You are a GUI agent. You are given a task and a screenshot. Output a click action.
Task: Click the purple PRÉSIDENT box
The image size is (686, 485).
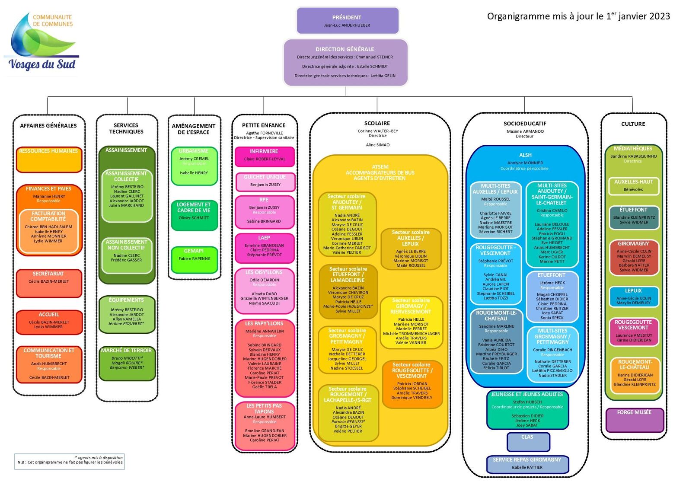tap(347, 21)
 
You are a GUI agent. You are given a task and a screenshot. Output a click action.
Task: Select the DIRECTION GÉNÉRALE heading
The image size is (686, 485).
tap(345, 49)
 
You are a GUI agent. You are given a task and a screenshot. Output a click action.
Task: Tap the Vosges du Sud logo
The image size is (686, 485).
tap(42, 43)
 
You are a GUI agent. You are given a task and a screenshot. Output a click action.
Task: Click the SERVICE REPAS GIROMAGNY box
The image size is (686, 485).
tap(527, 464)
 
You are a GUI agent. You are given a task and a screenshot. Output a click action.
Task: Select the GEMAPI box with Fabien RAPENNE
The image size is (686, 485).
tap(194, 259)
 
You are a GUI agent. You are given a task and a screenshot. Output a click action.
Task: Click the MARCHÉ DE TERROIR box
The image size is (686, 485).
tap(127, 363)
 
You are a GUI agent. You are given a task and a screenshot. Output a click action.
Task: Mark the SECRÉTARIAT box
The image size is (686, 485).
tap(49, 283)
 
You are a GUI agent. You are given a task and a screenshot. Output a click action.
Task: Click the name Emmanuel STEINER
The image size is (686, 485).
tap(374, 57)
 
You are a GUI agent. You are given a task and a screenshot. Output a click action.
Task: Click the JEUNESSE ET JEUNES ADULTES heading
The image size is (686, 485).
tap(527, 394)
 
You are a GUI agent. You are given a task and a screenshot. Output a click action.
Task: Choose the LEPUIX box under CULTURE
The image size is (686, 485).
tap(633, 297)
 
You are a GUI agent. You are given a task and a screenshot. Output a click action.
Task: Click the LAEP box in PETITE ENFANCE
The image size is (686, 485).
tap(264, 248)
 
